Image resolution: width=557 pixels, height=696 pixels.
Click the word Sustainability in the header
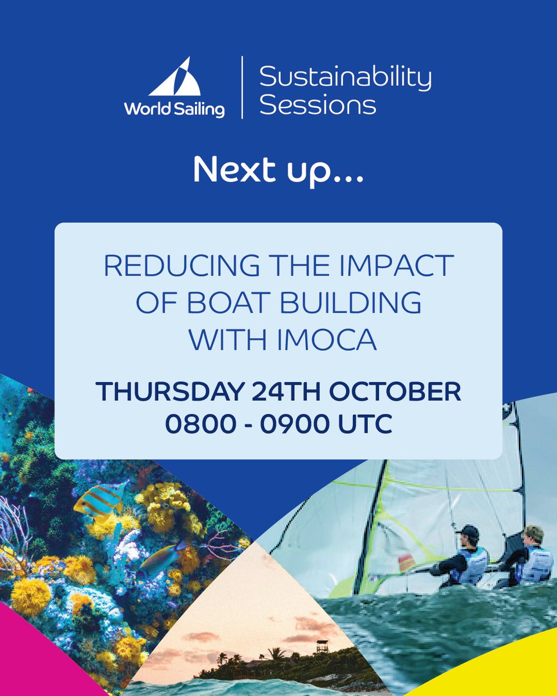click(345, 77)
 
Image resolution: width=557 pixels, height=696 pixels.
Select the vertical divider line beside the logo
click(242, 87)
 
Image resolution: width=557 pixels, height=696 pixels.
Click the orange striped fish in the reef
click(100, 499)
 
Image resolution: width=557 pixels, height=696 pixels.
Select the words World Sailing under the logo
click(173, 108)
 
